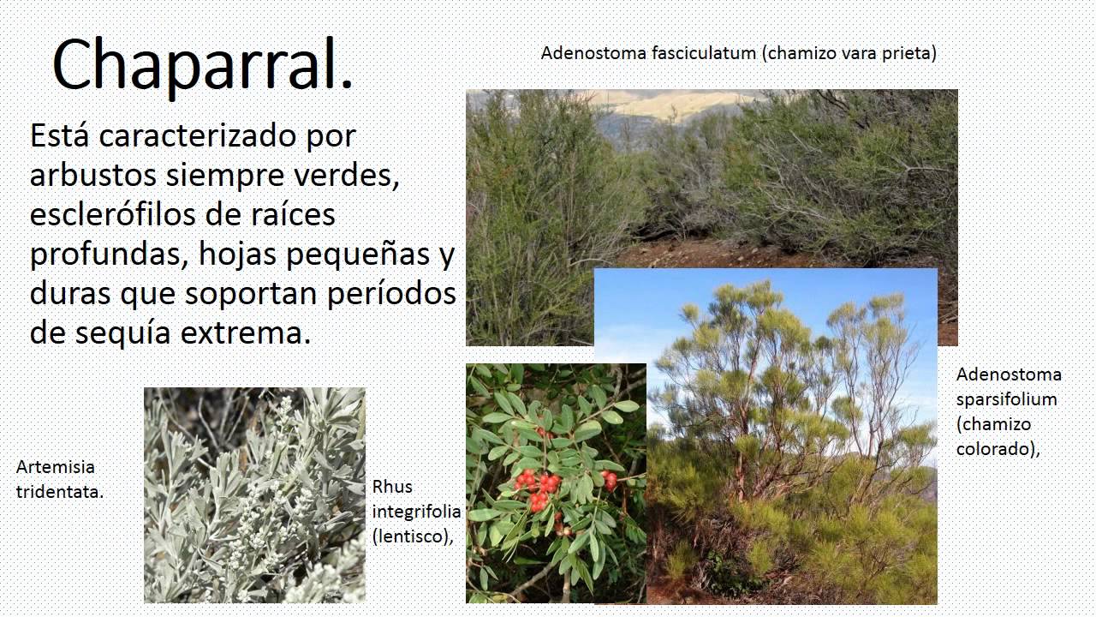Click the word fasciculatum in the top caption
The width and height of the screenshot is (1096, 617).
click(x=705, y=53)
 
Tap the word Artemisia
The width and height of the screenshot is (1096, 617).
click(x=55, y=468)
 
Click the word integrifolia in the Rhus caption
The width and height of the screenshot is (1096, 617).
click(x=416, y=512)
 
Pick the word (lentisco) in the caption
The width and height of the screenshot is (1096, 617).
click(x=411, y=536)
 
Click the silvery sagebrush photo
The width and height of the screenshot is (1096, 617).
click(x=254, y=494)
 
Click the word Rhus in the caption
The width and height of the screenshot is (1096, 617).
click(x=392, y=487)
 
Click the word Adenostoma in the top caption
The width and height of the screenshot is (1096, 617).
click(x=593, y=53)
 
